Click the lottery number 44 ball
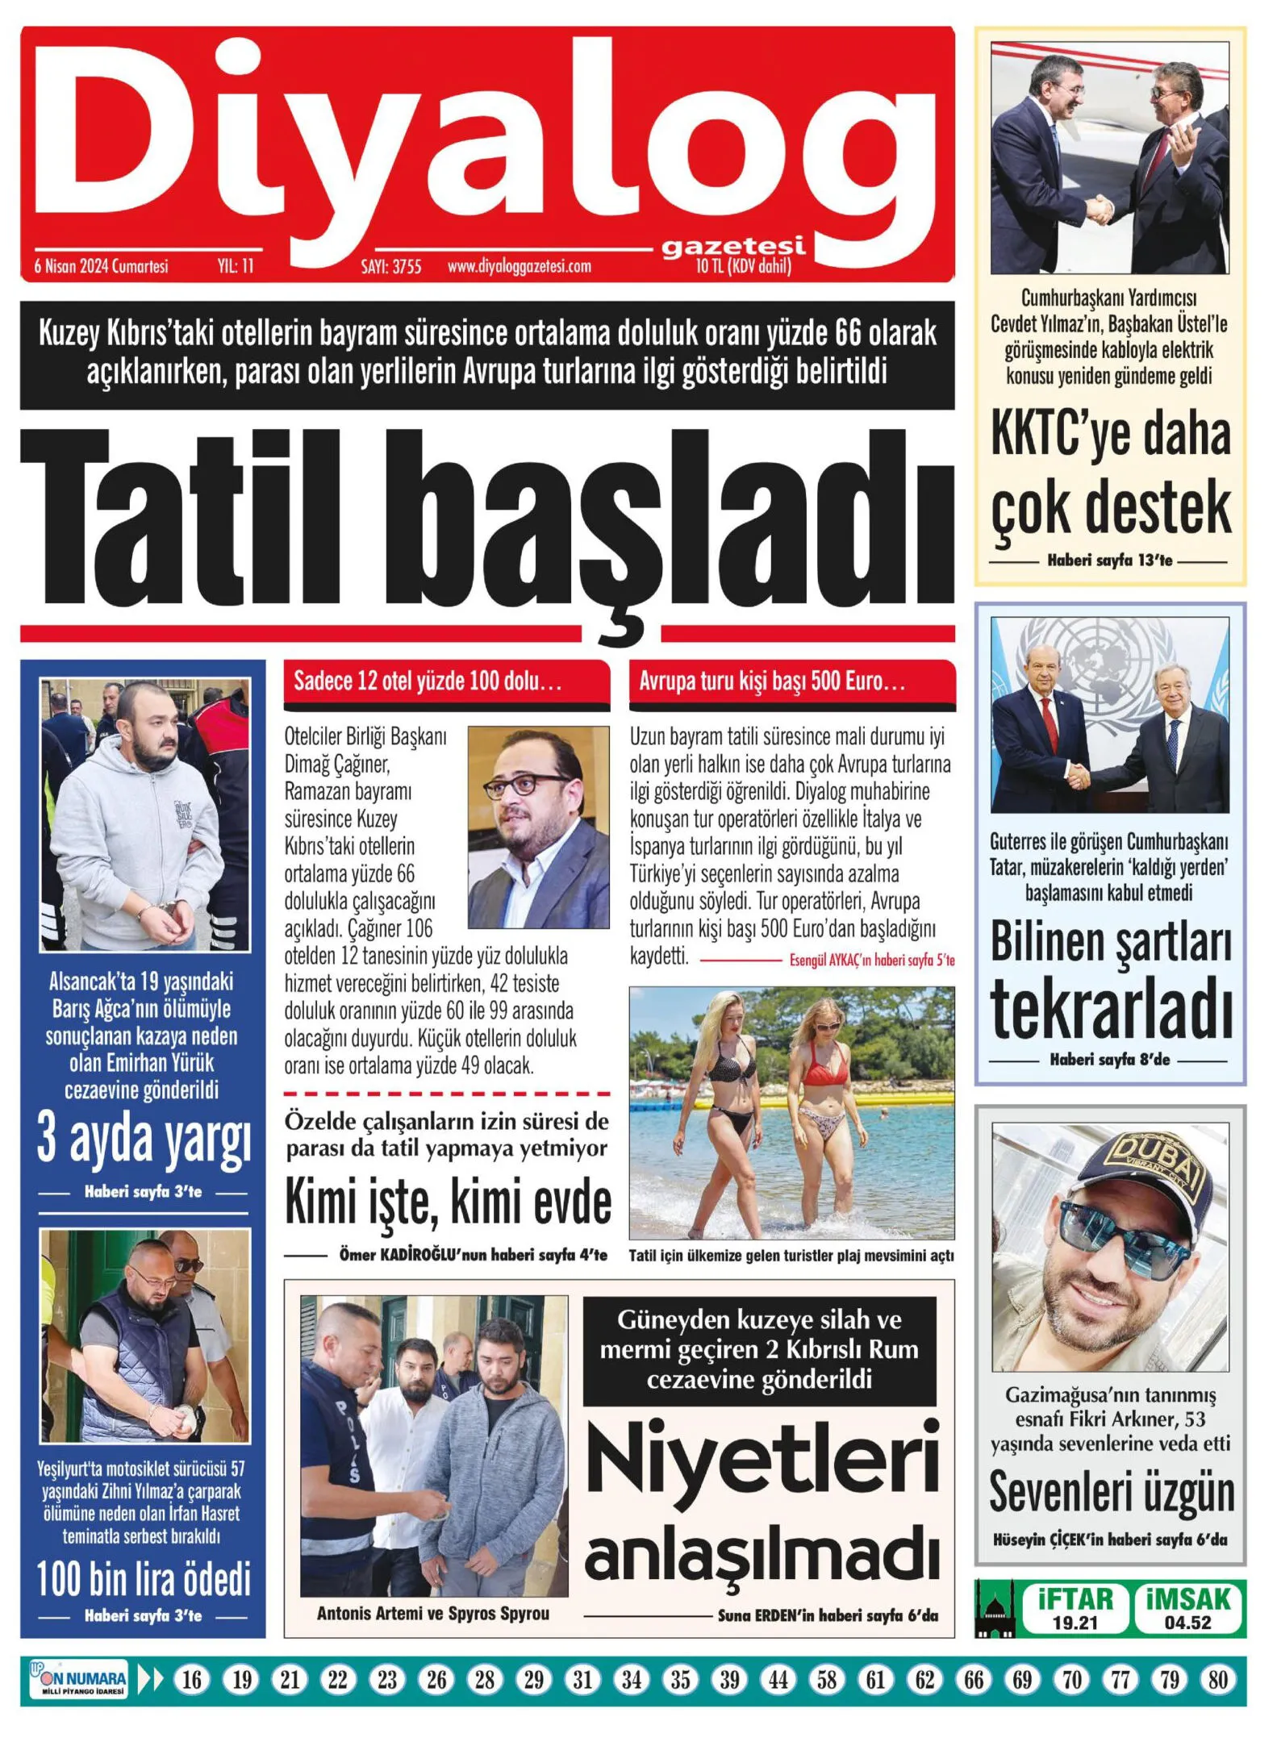pos(778,1680)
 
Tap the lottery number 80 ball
pos(1217,1680)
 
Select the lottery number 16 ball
pos(192,1680)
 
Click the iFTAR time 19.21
pos(1075,1623)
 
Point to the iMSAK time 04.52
pos(1187,1623)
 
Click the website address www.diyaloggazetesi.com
pos(519,266)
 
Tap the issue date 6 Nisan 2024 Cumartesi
pos(102,266)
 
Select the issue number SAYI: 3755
pos(390,266)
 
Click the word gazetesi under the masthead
pos(732,246)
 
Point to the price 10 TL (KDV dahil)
pos(743,266)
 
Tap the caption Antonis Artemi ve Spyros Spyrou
pos(432,1614)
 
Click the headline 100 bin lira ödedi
pos(144,1579)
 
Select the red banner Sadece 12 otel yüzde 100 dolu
pos(446,682)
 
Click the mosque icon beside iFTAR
pos(995,1611)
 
